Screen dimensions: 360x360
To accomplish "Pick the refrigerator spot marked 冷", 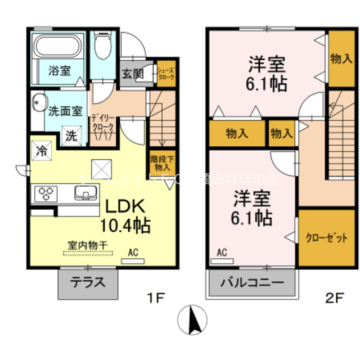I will click(x=42, y=150).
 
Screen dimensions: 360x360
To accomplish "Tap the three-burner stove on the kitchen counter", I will click(x=45, y=195).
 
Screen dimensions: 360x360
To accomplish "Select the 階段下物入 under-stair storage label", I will click(x=162, y=163).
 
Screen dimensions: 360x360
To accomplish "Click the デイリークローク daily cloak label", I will click(x=103, y=123).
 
